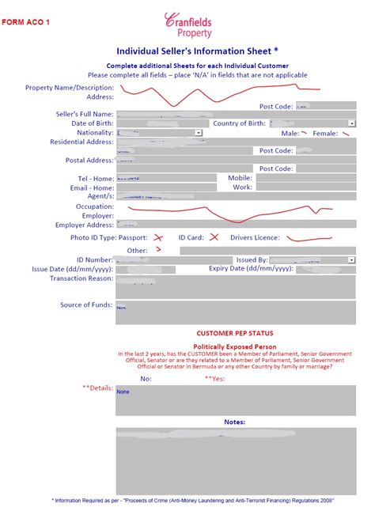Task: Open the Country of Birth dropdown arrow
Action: coord(352,123)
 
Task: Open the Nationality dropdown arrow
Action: coord(198,133)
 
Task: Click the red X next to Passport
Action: coord(158,237)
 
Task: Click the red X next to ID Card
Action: coord(214,237)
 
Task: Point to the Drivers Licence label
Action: coord(256,237)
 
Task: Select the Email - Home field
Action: coord(165,188)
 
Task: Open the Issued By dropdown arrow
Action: coord(352,259)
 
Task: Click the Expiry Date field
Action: coord(325,269)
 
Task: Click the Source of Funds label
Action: coord(86,305)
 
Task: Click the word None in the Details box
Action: coord(123,392)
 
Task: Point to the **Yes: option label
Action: coord(214,379)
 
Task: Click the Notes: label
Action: coord(235,422)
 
